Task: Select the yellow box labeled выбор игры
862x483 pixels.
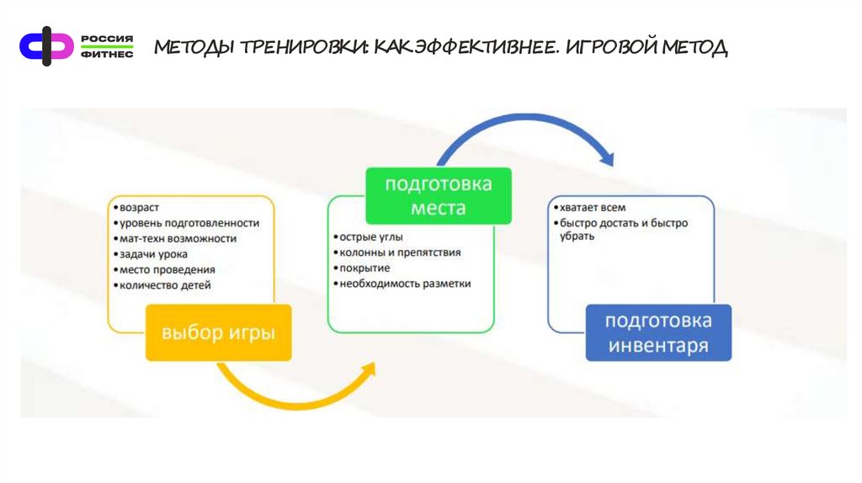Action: point(218,332)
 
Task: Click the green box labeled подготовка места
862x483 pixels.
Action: point(438,195)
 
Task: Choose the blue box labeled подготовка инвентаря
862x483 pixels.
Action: point(658,332)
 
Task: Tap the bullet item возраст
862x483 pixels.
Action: point(139,207)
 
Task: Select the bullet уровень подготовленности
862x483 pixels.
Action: point(189,223)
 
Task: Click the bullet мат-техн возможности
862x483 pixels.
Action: point(178,238)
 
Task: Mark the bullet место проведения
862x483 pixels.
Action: point(167,269)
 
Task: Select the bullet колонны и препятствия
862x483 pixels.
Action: point(400,252)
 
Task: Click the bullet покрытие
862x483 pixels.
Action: point(364,268)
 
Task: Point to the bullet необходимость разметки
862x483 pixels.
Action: point(404,284)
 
